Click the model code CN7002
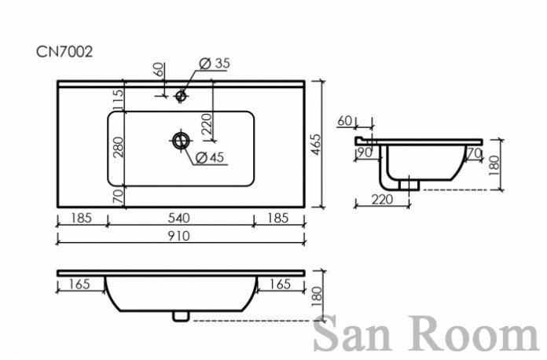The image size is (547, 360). pos(64,52)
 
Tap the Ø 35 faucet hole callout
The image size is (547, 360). pos(215,63)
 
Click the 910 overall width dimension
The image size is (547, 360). pos(179,236)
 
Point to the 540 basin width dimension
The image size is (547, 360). pos(179,218)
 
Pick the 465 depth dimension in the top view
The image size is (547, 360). pos(316,145)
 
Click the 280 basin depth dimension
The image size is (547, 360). pos(119,147)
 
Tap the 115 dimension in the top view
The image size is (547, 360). pos(119,100)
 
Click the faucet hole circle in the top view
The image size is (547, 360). pos(181,95)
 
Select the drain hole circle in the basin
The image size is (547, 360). pos(181,141)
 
